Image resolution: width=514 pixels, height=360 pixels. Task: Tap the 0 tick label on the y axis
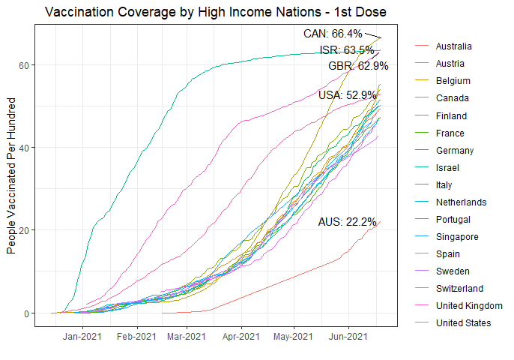click(25, 313)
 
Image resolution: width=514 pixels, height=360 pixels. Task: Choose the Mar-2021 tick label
click(185, 336)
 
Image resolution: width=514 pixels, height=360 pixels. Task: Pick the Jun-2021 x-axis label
click(348, 336)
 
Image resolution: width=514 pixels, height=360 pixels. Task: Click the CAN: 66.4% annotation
click(333, 34)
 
